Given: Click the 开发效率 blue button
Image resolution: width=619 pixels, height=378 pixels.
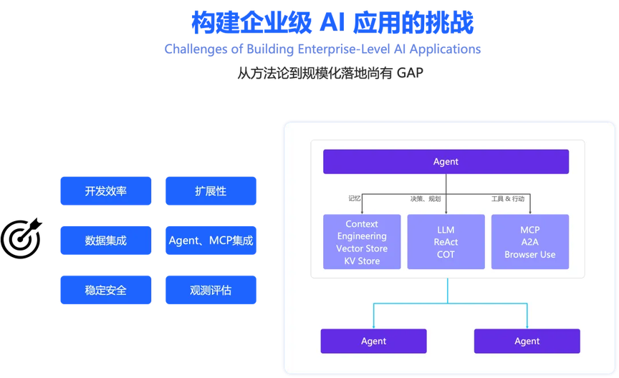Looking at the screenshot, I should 105,191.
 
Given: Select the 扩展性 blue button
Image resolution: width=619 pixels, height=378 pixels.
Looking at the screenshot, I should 211,191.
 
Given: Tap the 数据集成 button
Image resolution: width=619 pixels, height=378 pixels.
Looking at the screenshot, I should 105,241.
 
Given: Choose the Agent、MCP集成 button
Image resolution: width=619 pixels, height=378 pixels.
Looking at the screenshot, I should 211,241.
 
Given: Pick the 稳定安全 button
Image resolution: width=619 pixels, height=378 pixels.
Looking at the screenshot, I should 105,290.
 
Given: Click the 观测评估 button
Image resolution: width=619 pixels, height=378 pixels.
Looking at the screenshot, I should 211,290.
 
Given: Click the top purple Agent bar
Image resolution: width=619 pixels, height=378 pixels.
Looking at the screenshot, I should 446,162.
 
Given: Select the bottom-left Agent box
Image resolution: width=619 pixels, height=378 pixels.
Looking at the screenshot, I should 373,341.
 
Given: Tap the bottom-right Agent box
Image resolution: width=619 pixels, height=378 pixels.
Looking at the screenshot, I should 527,341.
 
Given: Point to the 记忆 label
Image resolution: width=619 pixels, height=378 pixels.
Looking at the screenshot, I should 355,198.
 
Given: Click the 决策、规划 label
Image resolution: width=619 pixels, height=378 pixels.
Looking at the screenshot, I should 426,198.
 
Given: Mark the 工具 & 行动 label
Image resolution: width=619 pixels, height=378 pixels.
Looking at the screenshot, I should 507,198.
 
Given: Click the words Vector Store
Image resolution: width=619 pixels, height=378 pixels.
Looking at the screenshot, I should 362,248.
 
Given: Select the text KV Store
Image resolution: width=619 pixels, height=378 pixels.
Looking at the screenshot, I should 362,261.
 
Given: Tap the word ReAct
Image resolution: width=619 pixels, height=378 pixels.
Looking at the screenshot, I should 446,242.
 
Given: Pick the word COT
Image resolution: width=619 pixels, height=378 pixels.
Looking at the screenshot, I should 446,254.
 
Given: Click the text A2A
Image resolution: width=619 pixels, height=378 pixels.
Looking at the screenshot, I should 530,242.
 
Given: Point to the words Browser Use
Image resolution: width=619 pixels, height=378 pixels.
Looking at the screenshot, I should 530,254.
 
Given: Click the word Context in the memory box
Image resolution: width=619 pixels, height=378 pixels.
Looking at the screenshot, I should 362,224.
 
